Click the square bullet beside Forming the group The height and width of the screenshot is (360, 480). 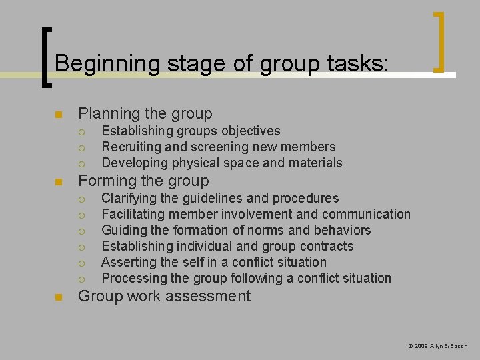59,181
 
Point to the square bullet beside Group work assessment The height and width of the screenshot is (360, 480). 59,297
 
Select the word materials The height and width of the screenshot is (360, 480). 315,163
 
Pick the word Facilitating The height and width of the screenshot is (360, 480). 133,214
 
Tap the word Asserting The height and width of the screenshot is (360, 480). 128,262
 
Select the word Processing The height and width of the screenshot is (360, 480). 132,278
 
